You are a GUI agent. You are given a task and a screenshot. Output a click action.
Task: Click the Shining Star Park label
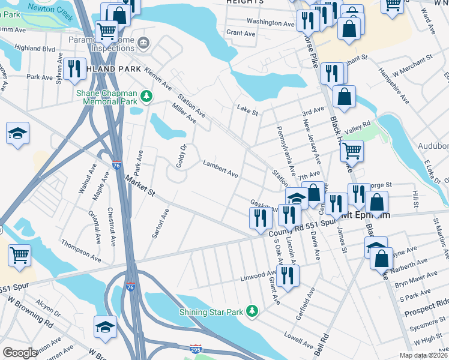tap(213, 311)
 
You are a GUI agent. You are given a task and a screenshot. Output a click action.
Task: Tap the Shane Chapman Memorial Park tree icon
tap(145, 96)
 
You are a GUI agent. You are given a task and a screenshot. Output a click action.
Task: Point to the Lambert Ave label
tap(220, 169)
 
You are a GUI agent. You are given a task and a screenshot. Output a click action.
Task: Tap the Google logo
tap(20, 353)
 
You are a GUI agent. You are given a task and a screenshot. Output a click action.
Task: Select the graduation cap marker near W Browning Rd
tap(105, 325)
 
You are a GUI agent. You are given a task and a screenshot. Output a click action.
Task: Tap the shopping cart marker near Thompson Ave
tap(19, 254)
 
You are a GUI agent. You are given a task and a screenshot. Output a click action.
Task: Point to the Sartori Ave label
tap(160, 224)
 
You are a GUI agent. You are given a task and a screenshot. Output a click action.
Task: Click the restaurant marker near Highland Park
tap(74, 68)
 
